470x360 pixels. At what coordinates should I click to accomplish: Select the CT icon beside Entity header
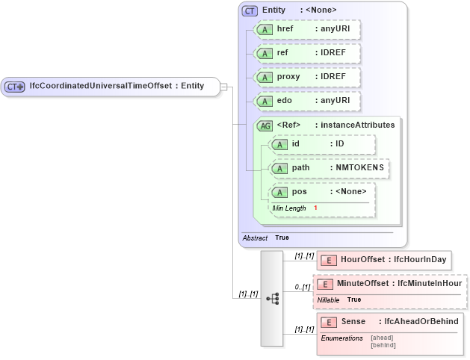pyautogui.click(x=250, y=10)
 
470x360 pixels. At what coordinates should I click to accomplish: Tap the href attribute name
pyautogui.click(x=285, y=29)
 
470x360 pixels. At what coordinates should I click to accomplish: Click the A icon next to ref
pyautogui.click(x=264, y=54)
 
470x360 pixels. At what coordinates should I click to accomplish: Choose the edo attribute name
pyautogui.click(x=284, y=101)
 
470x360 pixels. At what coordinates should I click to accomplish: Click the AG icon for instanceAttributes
pyautogui.click(x=265, y=125)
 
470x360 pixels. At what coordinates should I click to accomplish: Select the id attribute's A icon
pyautogui.click(x=279, y=144)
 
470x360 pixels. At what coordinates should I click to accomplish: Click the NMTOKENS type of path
pyautogui.click(x=359, y=168)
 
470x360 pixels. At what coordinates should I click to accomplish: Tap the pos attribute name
pyautogui.click(x=299, y=192)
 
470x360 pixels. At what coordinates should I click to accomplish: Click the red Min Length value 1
pyautogui.click(x=315, y=208)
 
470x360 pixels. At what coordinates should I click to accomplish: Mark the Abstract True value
pyautogui.click(x=282, y=238)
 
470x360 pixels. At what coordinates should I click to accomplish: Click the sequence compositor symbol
pyautogui.click(x=272, y=298)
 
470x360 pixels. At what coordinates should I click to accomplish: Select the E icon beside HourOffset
pyautogui.click(x=327, y=260)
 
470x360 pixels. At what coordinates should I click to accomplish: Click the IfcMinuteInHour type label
pyautogui.click(x=430, y=284)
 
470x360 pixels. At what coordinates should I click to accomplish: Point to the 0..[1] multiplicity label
pyautogui.click(x=301, y=287)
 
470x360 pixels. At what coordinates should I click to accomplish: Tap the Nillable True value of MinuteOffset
pyautogui.click(x=355, y=300)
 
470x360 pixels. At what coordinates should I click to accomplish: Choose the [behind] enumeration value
pyautogui.click(x=383, y=345)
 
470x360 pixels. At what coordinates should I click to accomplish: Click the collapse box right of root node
pyautogui.click(x=223, y=86)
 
